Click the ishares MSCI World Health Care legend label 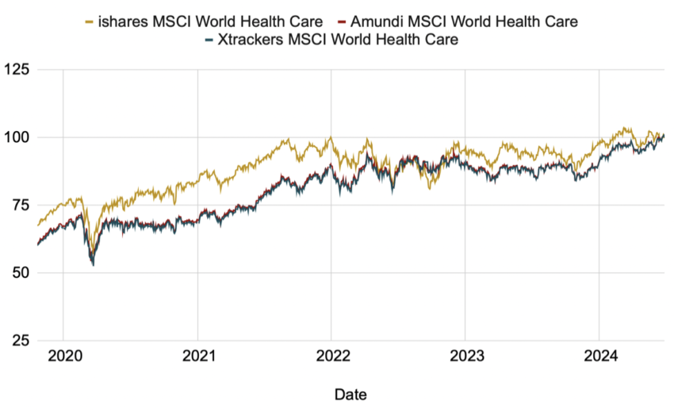210,21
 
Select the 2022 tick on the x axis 331,357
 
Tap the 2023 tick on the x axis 465,357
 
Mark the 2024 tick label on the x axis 599,357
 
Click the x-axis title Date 350,394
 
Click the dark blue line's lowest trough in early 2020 93,264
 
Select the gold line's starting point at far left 38,225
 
